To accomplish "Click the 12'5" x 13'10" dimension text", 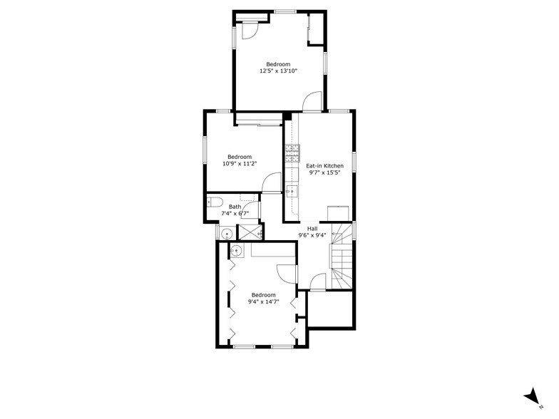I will [278, 71].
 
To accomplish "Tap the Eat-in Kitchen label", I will [324, 165].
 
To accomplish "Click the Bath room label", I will [235, 207].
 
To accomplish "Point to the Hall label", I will [312, 229].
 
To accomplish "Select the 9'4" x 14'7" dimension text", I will [263, 302].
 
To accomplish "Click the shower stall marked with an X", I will [248, 232].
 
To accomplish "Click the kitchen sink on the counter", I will [292, 191].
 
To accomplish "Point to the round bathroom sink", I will [227, 233].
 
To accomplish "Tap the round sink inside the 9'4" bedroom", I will [235, 249].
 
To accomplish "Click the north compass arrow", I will [531, 397].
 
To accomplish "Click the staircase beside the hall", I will [341, 260].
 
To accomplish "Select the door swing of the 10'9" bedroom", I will [271, 183].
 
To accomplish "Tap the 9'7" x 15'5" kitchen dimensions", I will [324, 172].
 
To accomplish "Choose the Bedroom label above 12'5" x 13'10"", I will [278, 64].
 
